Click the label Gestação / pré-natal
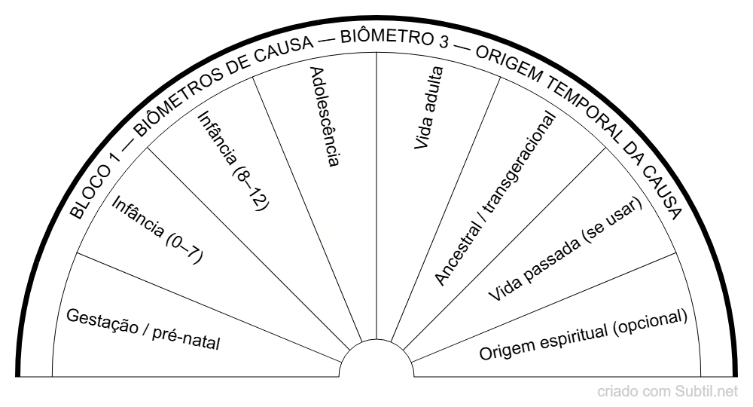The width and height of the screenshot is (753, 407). point(142,329)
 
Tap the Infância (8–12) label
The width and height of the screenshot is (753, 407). point(233,160)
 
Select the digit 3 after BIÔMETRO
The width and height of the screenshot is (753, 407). point(437,41)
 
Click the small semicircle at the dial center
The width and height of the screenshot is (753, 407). point(376,360)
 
